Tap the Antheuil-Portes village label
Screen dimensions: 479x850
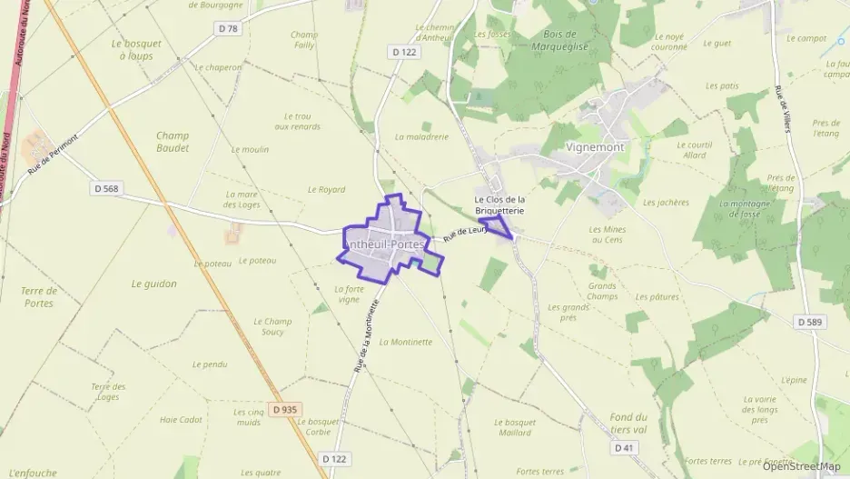coord(383,244)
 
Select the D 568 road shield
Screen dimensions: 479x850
coord(106,188)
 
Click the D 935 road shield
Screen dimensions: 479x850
coord(283,410)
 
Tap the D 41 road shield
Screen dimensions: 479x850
coord(624,447)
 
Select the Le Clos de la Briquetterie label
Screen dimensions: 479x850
coord(501,205)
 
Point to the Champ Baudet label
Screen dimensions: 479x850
coord(172,141)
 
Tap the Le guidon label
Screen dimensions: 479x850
coord(154,284)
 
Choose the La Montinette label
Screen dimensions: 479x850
coord(406,342)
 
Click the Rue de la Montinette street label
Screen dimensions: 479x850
coord(365,334)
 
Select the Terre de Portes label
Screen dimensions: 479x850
coord(39,296)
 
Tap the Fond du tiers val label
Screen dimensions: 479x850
coord(628,422)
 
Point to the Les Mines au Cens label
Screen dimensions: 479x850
coord(608,235)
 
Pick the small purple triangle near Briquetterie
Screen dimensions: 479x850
coord(497,225)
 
